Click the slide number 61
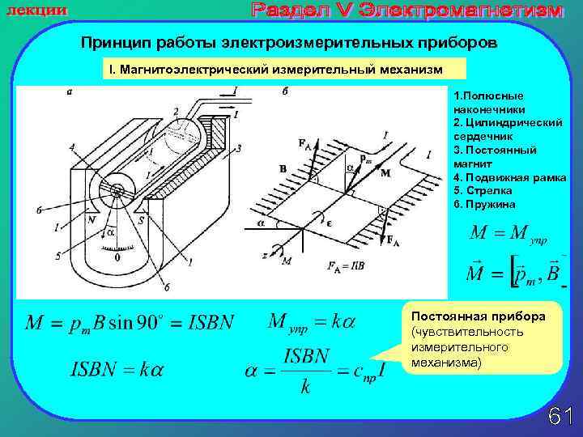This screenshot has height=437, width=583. point(560,415)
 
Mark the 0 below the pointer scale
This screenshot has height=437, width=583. point(117,258)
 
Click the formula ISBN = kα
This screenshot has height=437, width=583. point(116,370)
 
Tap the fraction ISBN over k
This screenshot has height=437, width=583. point(305,370)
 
